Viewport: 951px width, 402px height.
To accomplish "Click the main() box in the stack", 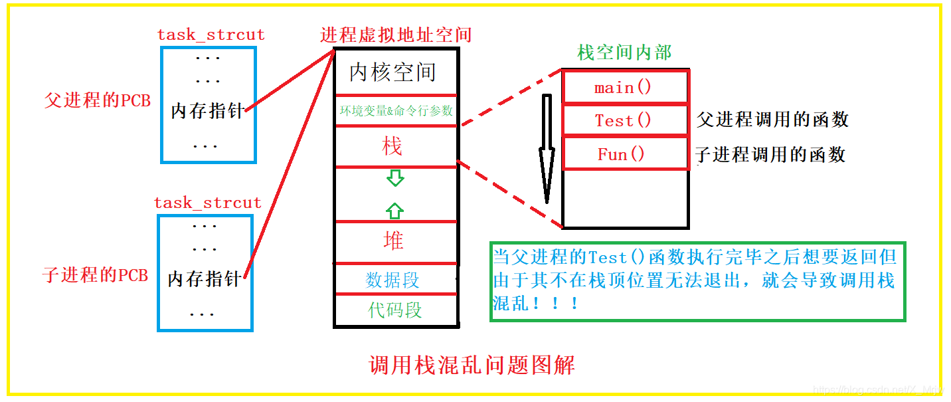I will pyautogui.click(x=624, y=88).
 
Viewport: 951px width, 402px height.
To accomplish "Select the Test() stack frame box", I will pyautogui.click(x=624, y=120).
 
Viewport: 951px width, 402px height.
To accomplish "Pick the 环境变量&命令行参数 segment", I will pyautogui.click(x=395, y=111).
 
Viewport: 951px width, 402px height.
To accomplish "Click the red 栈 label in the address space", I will pyautogui.click(x=392, y=146).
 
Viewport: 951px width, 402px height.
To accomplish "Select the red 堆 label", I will pyautogui.click(x=394, y=241).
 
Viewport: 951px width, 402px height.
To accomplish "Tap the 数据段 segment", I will pyautogui.click(x=393, y=280).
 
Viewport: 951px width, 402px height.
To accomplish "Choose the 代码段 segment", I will pyautogui.click(x=395, y=310).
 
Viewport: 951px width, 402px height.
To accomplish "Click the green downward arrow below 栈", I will pyautogui.click(x=395, y=177).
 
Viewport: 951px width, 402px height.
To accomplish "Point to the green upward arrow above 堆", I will pyautogui.click(x=394, y=211).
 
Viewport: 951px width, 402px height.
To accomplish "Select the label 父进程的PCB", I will pyautogui.click(x=98, y=100).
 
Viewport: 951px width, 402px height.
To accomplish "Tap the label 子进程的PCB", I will pyautogui.click(x=95, y=275).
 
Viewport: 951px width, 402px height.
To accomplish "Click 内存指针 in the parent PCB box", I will pyautogui.click(x=207, y=111).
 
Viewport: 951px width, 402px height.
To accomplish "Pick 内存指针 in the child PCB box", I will pyautogui.click(x=204, y=279).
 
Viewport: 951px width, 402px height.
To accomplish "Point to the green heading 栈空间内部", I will pyautogui.click(x=624, y=52).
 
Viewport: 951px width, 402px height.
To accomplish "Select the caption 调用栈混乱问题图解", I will pyautogui.click(x=472, y=365).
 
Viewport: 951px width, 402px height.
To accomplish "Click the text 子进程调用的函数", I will pyautogui.click(x=770, y=154).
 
